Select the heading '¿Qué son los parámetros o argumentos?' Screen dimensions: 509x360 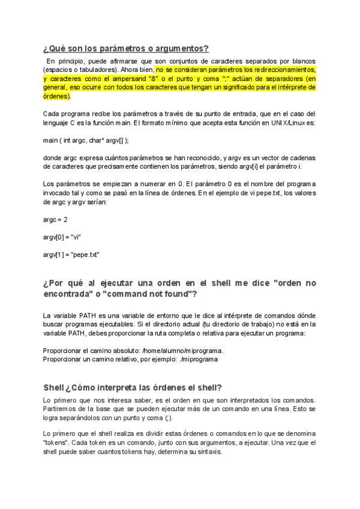tap(125, 49)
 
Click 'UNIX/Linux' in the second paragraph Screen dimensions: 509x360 tap(288, 122)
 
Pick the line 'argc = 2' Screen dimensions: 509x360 tap(56, 219)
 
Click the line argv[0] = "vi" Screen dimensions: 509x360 tap(62, 236)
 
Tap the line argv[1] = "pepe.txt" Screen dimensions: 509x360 tap(71, 254)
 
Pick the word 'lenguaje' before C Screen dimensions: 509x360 tap(58, 122)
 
